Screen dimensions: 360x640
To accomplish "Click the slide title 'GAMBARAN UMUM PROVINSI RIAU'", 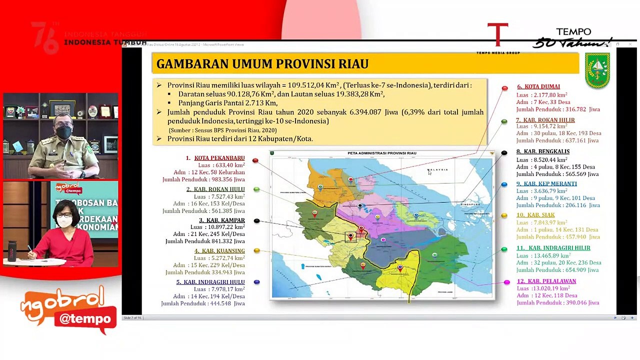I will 262,64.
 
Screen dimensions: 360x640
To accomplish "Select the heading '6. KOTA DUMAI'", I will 538,86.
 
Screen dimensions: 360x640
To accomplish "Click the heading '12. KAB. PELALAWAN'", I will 546,281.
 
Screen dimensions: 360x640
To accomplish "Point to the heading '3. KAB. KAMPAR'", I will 221,220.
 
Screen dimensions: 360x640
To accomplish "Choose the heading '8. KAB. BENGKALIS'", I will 543,151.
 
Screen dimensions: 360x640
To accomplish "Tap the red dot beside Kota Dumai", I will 504,88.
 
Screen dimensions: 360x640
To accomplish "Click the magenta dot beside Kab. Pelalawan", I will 506,282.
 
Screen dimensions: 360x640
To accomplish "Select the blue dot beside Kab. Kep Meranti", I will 504,185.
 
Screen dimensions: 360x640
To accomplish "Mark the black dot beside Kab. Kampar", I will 256,221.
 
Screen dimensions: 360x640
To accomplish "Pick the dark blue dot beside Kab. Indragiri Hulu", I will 256,282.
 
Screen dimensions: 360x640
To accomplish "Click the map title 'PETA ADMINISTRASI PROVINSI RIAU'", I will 381,153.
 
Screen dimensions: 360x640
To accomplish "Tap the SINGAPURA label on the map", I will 470,204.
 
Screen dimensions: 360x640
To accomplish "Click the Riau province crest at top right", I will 597,70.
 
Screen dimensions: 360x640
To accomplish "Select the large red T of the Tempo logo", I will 497,35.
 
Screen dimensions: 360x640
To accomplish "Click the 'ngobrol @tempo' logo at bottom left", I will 69,309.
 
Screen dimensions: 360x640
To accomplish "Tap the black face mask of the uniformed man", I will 63,132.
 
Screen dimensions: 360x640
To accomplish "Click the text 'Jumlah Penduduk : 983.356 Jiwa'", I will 203,180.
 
